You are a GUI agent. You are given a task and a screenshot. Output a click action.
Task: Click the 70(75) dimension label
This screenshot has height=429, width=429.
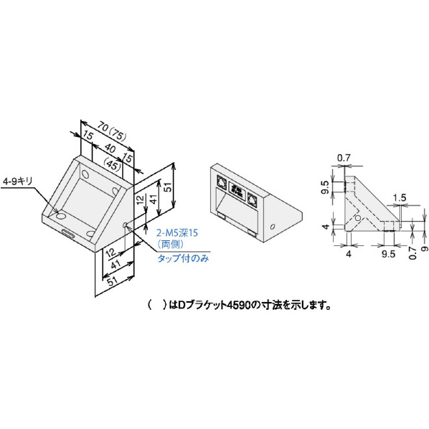[112, 131]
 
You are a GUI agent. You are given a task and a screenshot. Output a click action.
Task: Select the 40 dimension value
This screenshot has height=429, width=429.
[110, 148]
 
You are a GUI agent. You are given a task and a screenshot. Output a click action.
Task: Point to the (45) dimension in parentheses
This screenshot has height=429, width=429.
[113, 165]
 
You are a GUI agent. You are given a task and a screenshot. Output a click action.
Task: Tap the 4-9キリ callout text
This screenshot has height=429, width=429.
[17, 181]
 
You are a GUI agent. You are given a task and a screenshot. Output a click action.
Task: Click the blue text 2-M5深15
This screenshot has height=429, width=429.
[177, 233]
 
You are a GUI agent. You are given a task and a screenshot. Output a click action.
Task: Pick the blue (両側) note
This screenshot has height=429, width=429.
[171, 244]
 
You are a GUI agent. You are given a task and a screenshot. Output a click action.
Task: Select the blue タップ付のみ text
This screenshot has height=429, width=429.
[184, 258]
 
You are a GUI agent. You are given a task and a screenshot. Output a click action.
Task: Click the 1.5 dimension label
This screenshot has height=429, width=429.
[400, 197]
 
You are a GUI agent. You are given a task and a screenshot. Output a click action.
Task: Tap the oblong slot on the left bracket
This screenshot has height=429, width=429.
[68, 233]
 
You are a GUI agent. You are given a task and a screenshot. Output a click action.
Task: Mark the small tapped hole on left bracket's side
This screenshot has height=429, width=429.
[125, 225]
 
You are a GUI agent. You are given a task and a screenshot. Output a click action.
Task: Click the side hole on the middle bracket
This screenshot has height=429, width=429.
[272, 227]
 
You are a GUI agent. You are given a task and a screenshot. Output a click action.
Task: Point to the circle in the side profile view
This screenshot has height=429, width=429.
[357, 218]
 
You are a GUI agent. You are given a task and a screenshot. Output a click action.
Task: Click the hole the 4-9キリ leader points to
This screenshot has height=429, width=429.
[60, 216]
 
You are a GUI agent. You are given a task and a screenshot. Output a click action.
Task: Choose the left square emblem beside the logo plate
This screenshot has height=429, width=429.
[221, 181]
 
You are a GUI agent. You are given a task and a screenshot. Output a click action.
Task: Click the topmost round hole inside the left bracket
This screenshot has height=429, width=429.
[85, 174]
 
